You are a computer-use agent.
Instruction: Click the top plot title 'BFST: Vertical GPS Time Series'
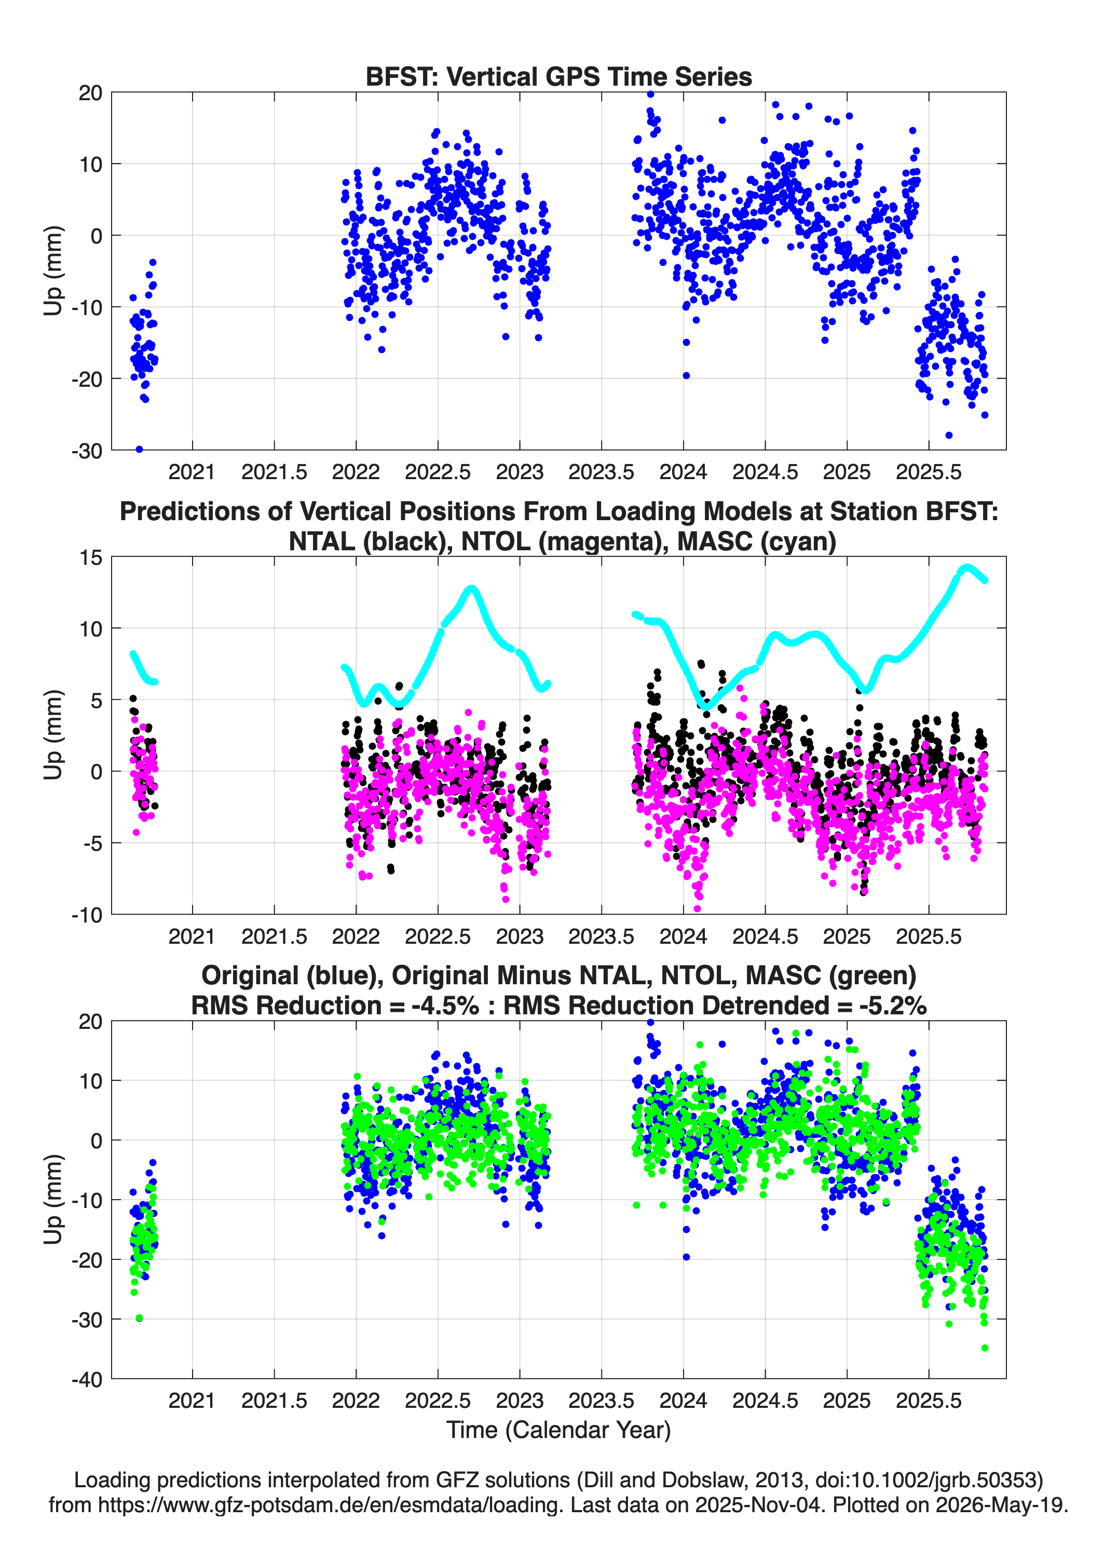558,76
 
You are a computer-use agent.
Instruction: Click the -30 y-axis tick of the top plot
87,451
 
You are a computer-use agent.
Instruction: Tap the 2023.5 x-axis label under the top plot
602,472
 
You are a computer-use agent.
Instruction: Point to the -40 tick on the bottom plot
87,1379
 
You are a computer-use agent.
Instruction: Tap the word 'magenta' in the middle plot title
600,541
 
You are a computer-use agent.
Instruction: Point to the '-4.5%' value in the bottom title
445,1006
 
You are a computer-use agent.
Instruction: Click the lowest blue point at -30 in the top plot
139,449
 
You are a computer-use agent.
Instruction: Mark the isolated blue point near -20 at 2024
686,375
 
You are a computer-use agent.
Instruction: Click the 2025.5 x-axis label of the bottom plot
928,1401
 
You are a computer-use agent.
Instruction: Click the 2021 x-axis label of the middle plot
192,936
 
